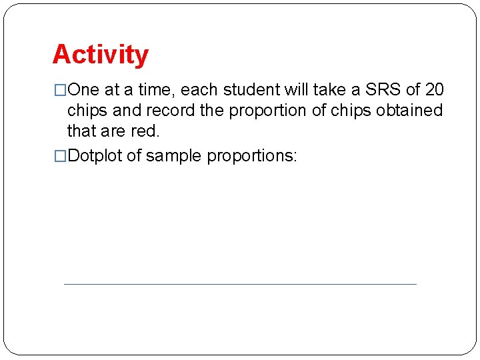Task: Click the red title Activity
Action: (101, 55)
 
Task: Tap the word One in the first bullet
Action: (83, 90)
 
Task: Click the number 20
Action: (434, 90)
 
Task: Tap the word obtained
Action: (409, 110)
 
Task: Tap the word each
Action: (200, 90)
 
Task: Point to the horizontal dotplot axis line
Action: (240, 284)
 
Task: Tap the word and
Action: (129, 110)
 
